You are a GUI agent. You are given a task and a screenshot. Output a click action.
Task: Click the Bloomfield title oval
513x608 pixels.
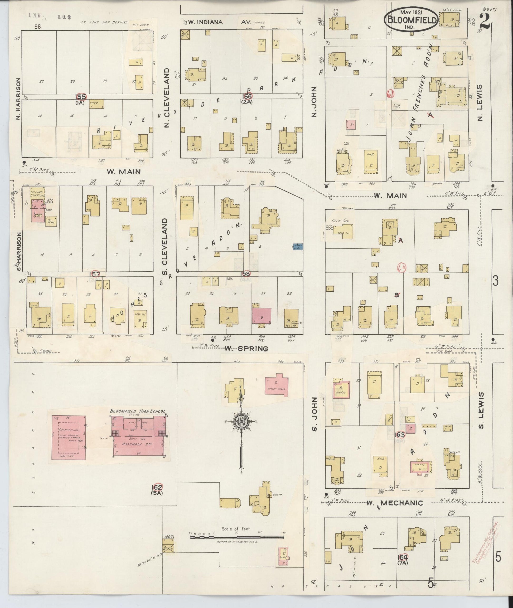pos(411,20)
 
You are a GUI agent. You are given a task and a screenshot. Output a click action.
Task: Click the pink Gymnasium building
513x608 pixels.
pos(69,437)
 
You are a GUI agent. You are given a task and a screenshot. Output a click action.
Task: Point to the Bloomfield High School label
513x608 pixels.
pos(138,411)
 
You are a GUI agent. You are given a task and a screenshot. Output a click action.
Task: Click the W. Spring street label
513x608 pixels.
pos(246,349)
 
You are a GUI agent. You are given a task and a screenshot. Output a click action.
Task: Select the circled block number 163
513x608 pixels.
pos(400,435)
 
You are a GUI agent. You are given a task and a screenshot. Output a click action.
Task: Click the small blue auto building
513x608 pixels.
pos(298,247)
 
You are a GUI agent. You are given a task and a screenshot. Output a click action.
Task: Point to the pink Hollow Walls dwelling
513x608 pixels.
pos(276,385)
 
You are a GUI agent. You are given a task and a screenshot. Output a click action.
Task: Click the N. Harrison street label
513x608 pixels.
pos(18,99)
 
